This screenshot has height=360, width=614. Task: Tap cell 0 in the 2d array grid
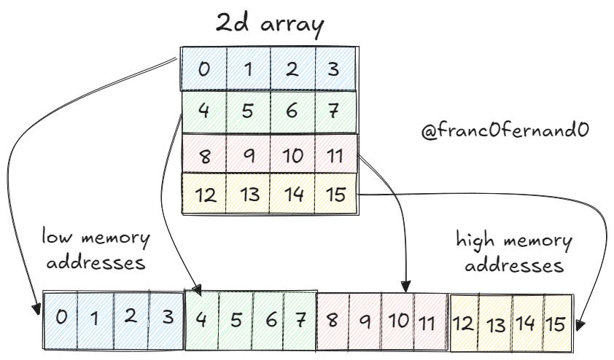coord(204,70)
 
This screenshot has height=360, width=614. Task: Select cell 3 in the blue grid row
coord(335,70)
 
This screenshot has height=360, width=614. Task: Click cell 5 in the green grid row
coord(248,111)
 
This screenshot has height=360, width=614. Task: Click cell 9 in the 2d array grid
coord(248,154)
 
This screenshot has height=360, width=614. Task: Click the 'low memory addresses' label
coord(96,250)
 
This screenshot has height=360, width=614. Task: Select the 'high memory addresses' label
coord(514,252)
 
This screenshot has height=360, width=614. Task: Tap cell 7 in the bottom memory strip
coord(299,318)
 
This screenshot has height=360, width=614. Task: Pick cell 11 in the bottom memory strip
coord(428,320)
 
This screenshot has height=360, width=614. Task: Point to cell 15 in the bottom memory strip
coord(556,323)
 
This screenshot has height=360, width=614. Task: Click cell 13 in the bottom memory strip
coord(495,323)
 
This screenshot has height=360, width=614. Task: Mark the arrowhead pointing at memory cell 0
coord(35,308)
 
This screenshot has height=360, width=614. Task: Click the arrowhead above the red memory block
coord(406,283)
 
